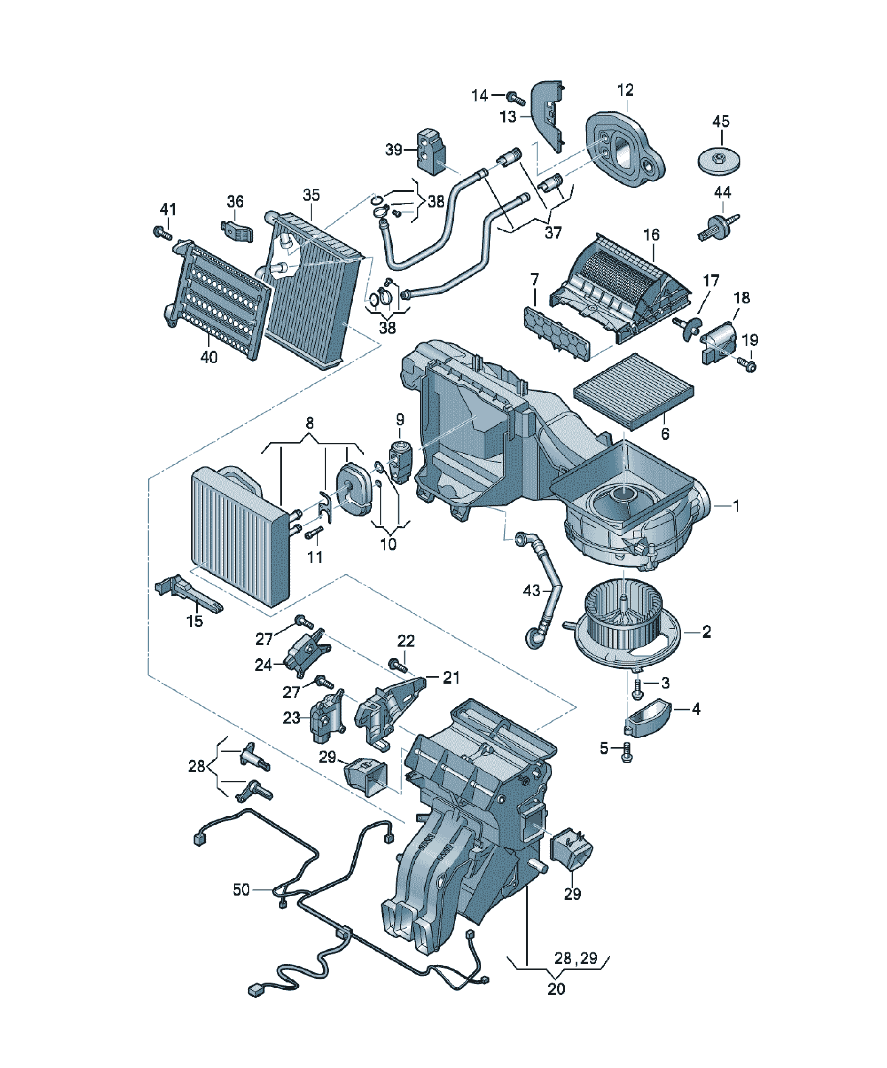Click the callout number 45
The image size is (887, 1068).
click(721, 122)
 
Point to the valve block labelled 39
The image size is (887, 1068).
click(431, 152)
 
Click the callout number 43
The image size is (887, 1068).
click(531, 591)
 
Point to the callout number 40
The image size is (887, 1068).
click(209, 357)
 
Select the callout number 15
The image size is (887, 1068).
click(195, 621)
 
